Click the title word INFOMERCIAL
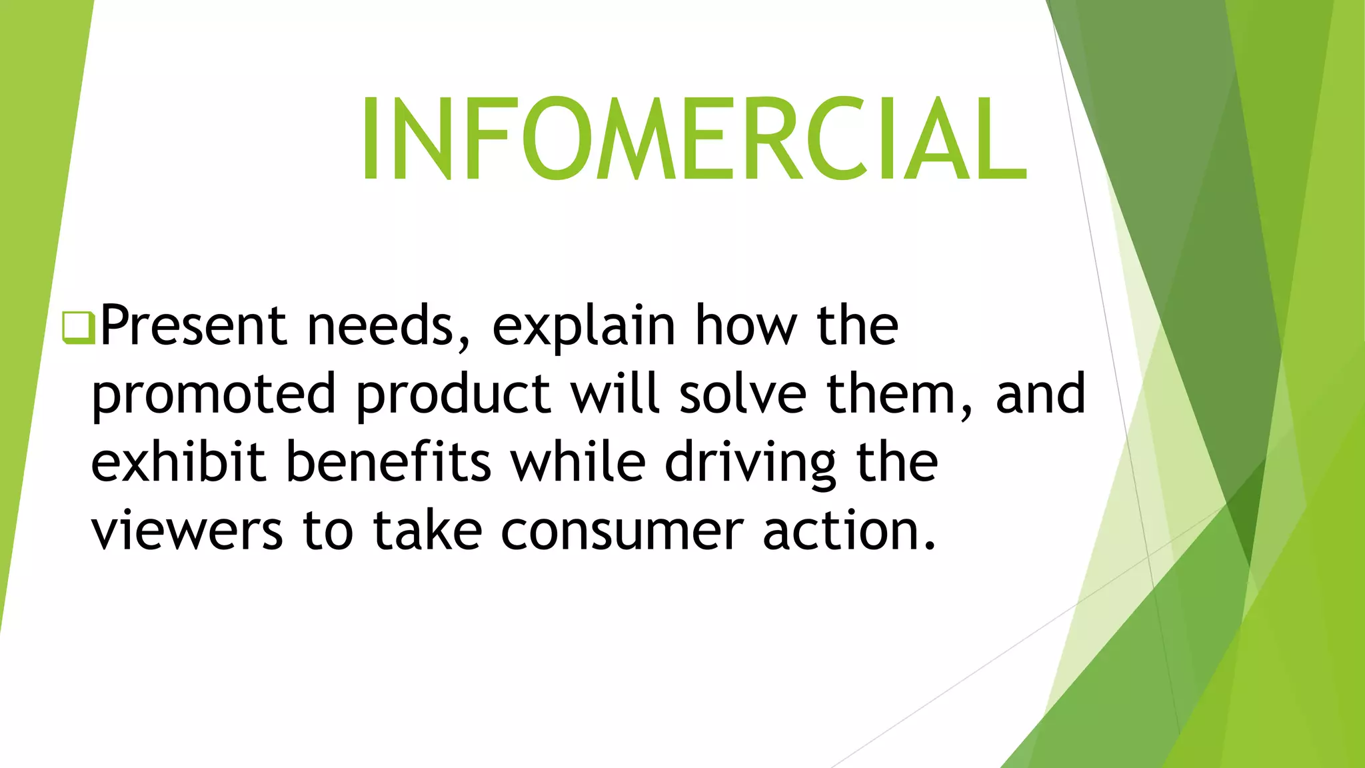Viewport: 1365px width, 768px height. pos(693,139)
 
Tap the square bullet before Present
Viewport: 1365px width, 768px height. pos(78,327)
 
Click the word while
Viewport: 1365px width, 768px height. pos(578,463)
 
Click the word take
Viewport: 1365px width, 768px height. pos(427,531)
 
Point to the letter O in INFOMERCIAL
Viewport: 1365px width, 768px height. pos(555,139)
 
